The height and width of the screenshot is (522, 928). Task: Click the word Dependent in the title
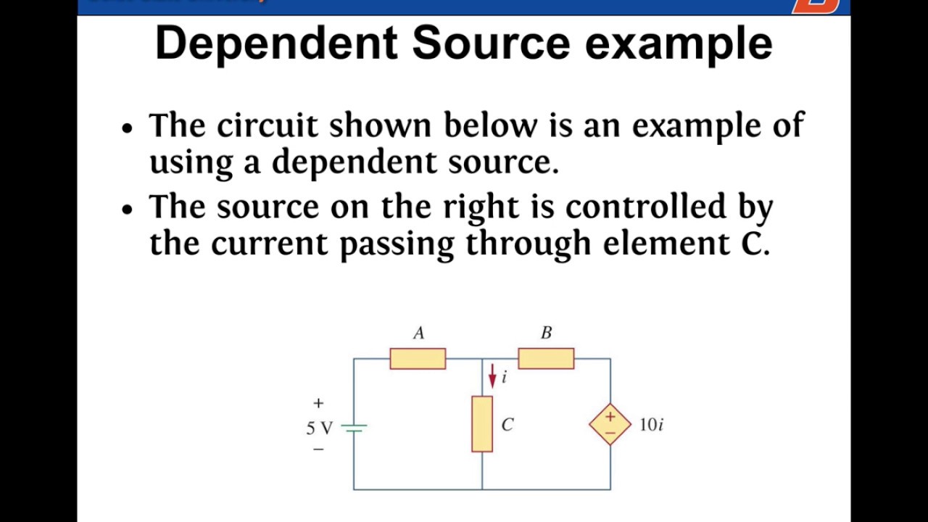point(276,43)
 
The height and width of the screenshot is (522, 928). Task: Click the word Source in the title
point(491,43)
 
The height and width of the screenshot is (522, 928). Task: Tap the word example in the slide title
point(679,43)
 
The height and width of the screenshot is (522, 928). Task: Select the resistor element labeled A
point(418,359)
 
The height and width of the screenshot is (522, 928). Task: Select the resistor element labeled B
point(546,359)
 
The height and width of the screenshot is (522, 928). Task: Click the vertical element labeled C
point(482,424)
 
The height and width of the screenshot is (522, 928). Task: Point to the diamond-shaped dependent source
point(610,424)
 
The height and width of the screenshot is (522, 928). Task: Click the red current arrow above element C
point(492,376)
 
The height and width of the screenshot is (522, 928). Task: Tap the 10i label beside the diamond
point(651,425)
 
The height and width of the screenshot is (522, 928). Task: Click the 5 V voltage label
point(319,428)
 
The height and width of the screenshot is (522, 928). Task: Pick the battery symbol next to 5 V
point(354,428)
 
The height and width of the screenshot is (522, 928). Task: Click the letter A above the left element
point(418,333)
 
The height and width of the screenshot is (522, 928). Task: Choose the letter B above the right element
point(546,333)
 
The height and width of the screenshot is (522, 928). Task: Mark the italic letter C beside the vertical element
point(507,425)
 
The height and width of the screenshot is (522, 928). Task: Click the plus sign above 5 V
point(318,403)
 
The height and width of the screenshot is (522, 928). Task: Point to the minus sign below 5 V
point(318,449)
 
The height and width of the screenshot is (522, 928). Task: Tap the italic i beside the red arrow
point(504,377)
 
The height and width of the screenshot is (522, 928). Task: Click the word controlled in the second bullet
point(646,207)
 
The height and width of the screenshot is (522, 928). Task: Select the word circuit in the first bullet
point(267,125)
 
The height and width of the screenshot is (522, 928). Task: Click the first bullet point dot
point(128,128)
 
